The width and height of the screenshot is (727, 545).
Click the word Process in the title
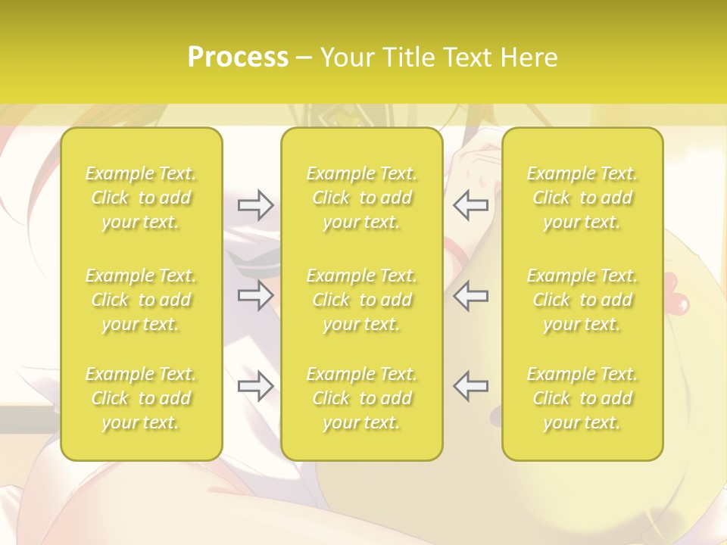point(238,58)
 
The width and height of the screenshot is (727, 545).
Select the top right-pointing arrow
point(255,205)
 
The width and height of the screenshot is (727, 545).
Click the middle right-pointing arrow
point(255,295)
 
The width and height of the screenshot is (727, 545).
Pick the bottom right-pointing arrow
point(255,386)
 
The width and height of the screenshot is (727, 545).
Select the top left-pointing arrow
point(471,205)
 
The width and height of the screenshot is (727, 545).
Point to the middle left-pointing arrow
point(471,295)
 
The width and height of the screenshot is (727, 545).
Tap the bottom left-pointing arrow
point(471,386)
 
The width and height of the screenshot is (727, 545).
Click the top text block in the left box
point(141,198)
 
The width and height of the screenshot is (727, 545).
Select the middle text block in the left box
point(141,300)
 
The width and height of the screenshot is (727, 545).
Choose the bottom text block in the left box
point(141,398)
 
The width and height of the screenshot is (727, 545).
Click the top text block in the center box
point(361,198)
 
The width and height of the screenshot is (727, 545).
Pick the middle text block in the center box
point(361,300)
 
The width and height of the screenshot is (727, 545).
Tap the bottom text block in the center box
point(361,398)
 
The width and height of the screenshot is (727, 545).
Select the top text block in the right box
point(582,198)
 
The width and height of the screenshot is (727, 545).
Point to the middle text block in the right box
point(582,300)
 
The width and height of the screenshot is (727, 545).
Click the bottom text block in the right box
point(582,398)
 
